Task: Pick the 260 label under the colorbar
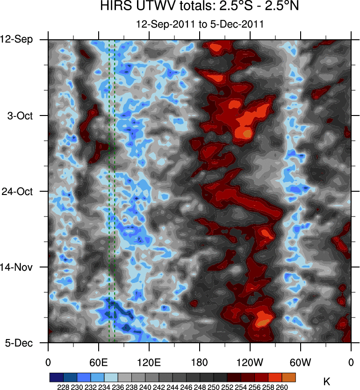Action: point(282,387)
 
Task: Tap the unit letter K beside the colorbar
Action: point(327,382)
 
